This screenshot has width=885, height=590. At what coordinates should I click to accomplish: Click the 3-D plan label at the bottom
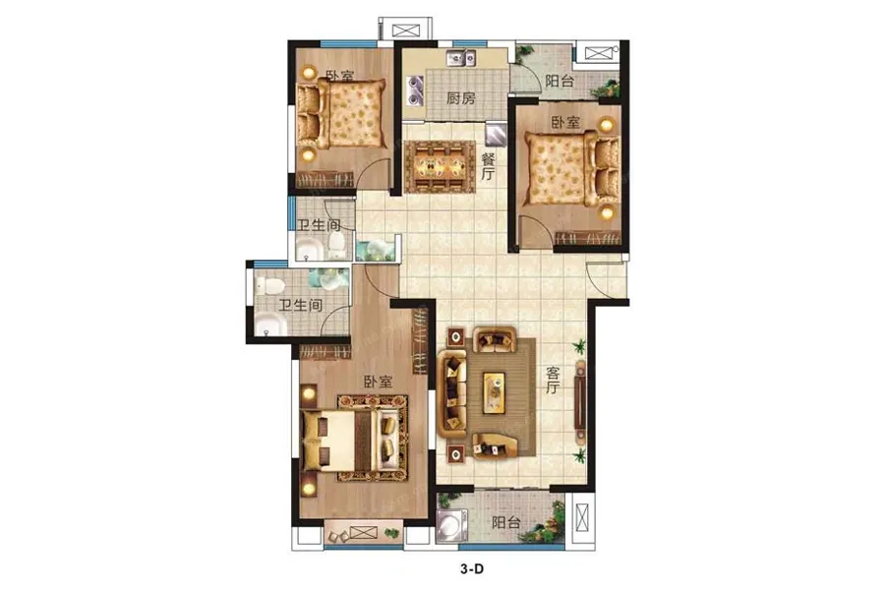pos(472,569)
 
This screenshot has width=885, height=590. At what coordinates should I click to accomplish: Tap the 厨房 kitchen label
pos(460,98)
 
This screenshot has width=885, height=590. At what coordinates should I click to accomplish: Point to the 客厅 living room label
pos(553,380)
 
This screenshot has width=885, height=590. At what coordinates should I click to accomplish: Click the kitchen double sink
pos(461,58)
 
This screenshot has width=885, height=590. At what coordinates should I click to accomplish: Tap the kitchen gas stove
pos(414,91)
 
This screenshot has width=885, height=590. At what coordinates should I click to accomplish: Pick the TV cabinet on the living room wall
pos(579,401)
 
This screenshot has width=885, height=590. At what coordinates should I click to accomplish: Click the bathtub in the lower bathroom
pos(269,325)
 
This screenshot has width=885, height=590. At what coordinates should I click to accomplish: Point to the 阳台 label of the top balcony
pos(560,81)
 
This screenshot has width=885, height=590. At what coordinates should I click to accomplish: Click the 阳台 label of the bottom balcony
pos(505,522)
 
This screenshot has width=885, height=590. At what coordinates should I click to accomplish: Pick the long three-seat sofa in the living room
pos(452,393)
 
